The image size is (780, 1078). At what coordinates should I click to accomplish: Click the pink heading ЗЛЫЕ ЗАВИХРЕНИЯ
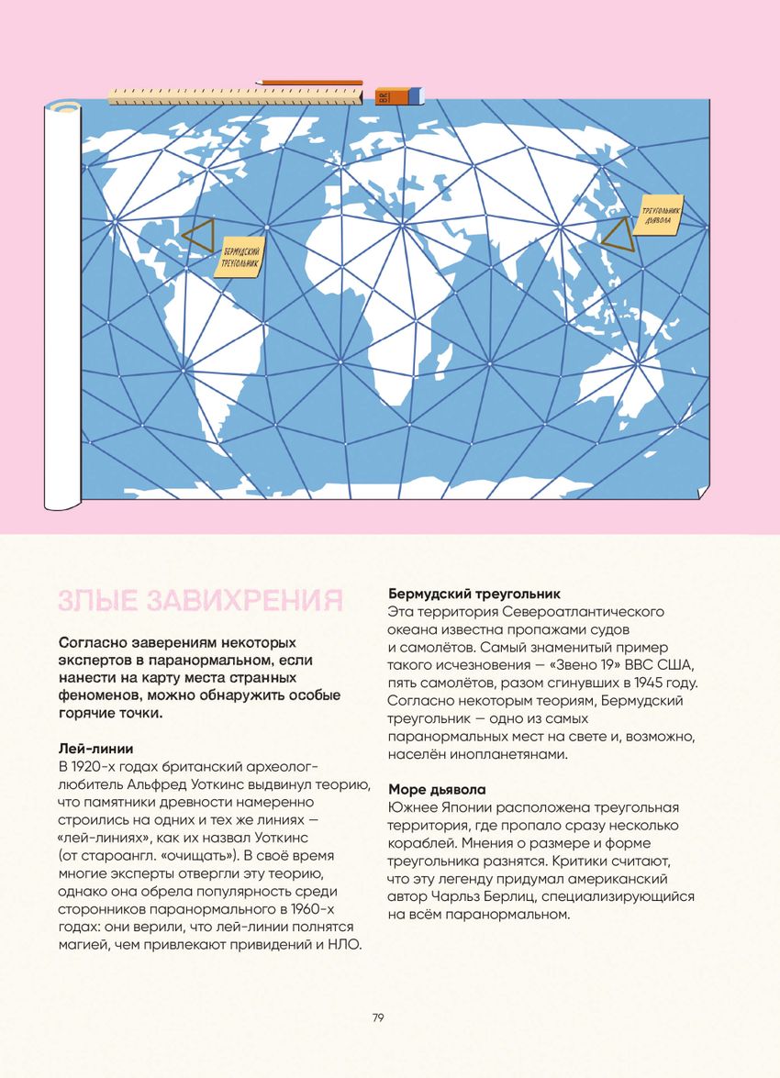pyautogui.click(x=200, y=601)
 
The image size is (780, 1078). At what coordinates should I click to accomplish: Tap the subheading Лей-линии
pyautogui.click(x=95, y=749)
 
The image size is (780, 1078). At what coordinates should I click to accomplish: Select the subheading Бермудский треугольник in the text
pyautogui.click(x=474, y=594)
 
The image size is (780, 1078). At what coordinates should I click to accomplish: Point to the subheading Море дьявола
pyautogui.click(x=437, y=789)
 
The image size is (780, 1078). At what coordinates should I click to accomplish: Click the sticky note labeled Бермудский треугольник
pyautogui.click(x=240, y=257)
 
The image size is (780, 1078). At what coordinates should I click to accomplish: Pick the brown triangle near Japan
pyautogui.click(x=617, y=234)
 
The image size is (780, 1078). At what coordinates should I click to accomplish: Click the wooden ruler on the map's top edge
pyautogui.click(x=238, y=95)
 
